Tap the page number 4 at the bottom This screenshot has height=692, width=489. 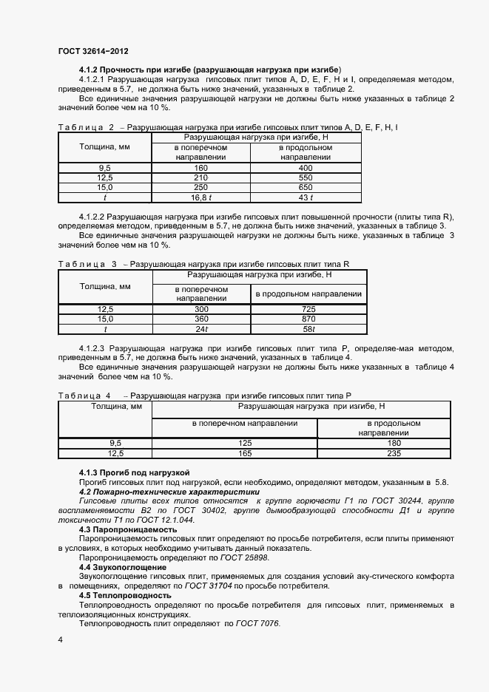pos(60,639)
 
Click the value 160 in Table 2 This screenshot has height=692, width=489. pos(200,168)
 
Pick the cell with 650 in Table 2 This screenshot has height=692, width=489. pos(306,187)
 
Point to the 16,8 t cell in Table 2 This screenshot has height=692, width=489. pos(200,197)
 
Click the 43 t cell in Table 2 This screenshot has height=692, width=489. pos(306,197)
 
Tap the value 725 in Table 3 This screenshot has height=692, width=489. pos(308,309)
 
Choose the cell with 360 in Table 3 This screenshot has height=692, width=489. pos(200,319)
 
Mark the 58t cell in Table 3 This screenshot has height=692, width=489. pos(308,329)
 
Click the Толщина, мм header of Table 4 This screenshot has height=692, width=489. pos(104,406)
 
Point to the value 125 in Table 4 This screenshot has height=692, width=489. pos(234,443)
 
